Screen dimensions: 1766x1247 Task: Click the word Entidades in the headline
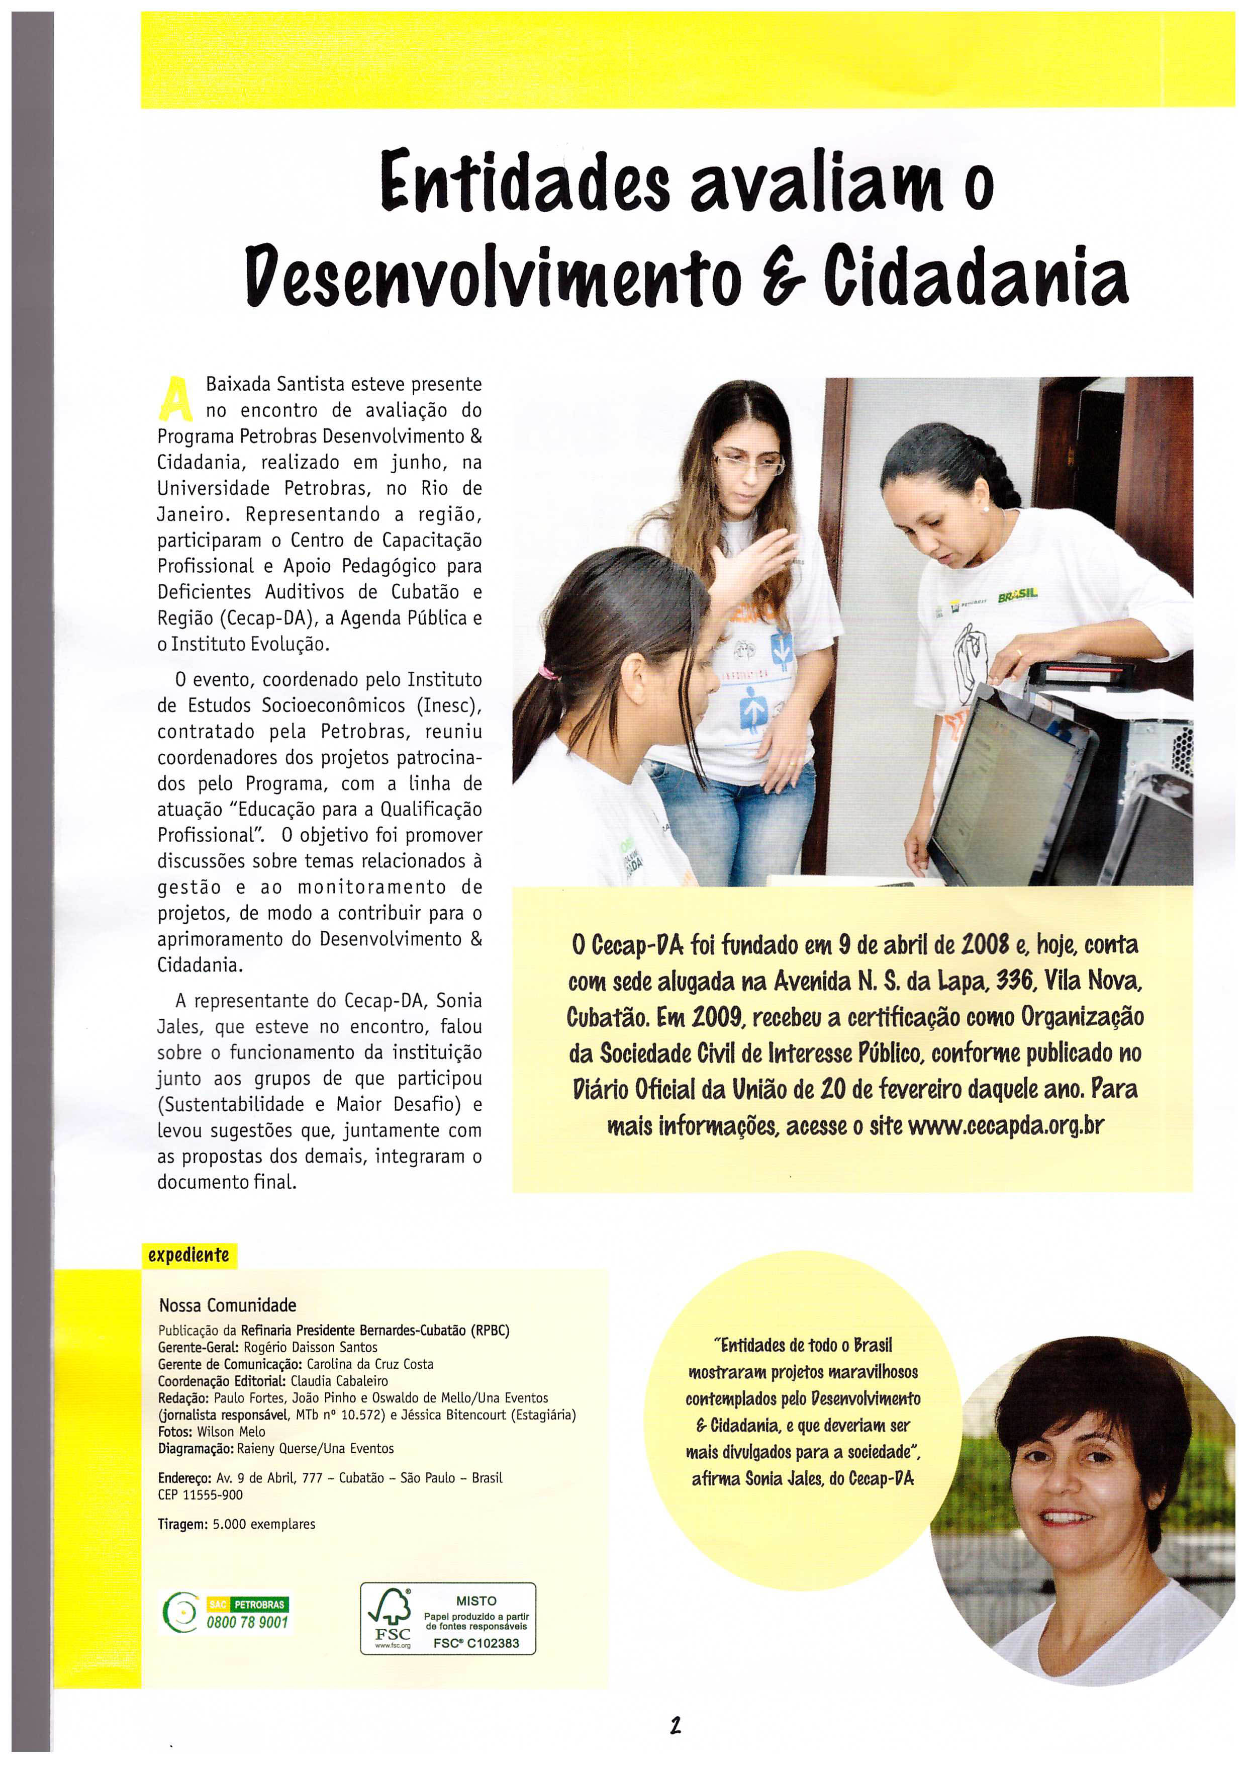tap(525, 183)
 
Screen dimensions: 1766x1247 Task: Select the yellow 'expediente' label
tap(188, 1255)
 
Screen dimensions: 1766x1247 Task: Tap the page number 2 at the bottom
tap(675, 1725)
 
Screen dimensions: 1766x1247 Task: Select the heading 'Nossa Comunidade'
tap(228, 1305)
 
